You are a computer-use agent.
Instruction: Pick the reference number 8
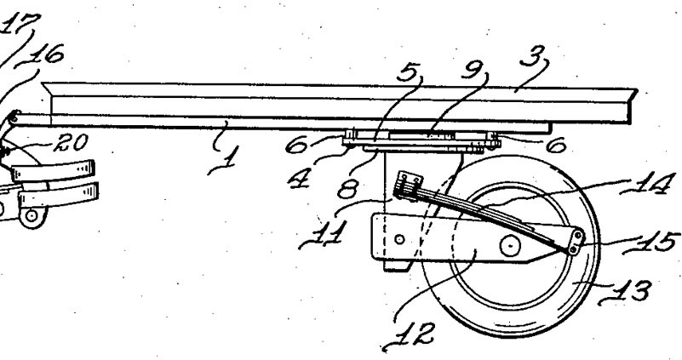pos(348,189)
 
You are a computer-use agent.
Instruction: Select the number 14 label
pos(648,184)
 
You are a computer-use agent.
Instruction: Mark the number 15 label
pos(651,243)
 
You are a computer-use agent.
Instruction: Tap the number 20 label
pos(72,142)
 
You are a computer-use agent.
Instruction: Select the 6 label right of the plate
pos(555,146)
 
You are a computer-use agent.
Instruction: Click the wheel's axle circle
pos(510,246)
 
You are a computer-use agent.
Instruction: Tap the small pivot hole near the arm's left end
pos(399,239)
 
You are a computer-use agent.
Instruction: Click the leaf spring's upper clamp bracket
pos(407,184)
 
